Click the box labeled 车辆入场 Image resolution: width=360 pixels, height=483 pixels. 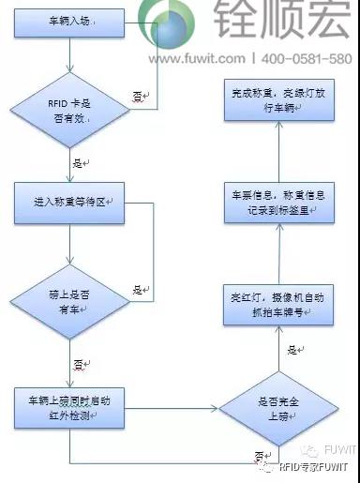(71, 19)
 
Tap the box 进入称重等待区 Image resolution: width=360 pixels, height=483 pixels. (71, 201)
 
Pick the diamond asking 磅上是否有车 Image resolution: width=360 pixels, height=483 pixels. (71, 291)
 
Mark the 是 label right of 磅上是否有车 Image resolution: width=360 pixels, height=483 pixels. (137, 289)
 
